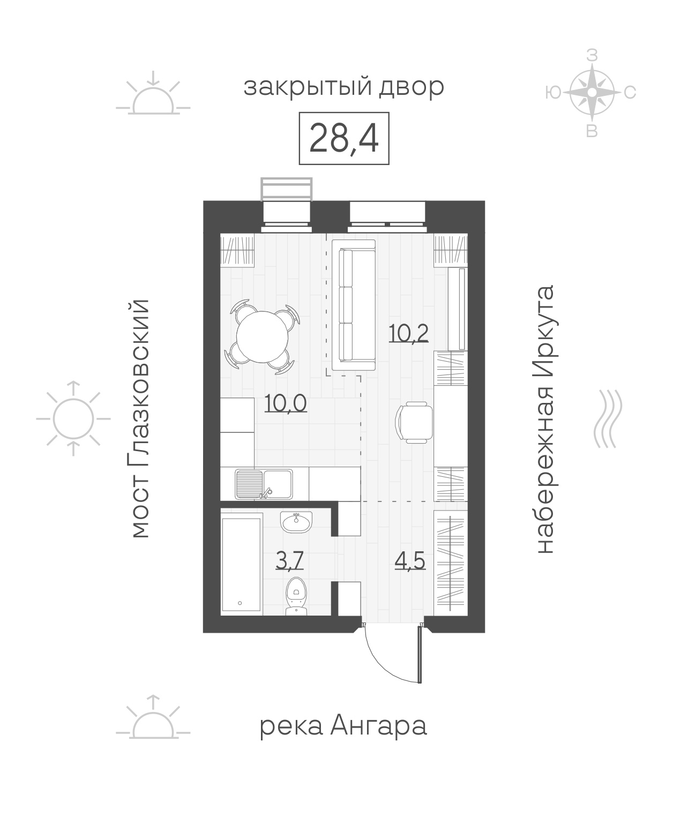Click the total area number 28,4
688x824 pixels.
(x=343, y=139)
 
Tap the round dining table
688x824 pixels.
(x=262, y=336)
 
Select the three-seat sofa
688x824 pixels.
(x=353, y=305)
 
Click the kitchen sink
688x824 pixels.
(x=264, y=484)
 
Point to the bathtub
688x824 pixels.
(x=241, y=564)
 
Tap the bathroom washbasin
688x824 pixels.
(x=296, y=522)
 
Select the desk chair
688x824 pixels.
(x=414, y=422)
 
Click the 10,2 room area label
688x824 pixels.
(x=408, y=333)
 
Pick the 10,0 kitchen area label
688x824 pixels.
(x=286, y=403)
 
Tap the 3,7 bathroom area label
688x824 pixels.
(x=289, y=560)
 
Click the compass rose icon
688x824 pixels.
(x=592, y=92)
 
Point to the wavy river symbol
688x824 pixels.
(x=608, y=419)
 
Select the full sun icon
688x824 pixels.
(x=73, y=418)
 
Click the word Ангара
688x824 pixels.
(x=378, y=726)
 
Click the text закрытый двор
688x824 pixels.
(x=343, y=88)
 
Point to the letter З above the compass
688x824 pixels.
(x=592, y=56)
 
